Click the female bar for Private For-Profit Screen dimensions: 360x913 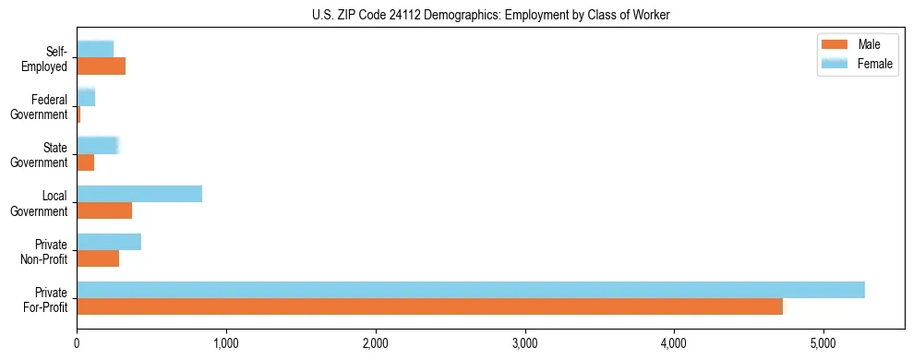click(471, 290)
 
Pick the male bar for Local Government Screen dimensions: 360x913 click(104, 210)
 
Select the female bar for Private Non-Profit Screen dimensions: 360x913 click(109, 242)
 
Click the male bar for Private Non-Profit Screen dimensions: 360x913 click(98, 258)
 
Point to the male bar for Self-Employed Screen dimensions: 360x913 click(101, 66)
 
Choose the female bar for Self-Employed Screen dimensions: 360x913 click(95, 49)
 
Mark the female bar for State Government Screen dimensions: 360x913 click(98, 145)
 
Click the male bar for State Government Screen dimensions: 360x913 click(86, 162)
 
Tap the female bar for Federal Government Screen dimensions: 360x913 click(86, 97)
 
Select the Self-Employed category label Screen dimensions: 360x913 click(51, 58)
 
